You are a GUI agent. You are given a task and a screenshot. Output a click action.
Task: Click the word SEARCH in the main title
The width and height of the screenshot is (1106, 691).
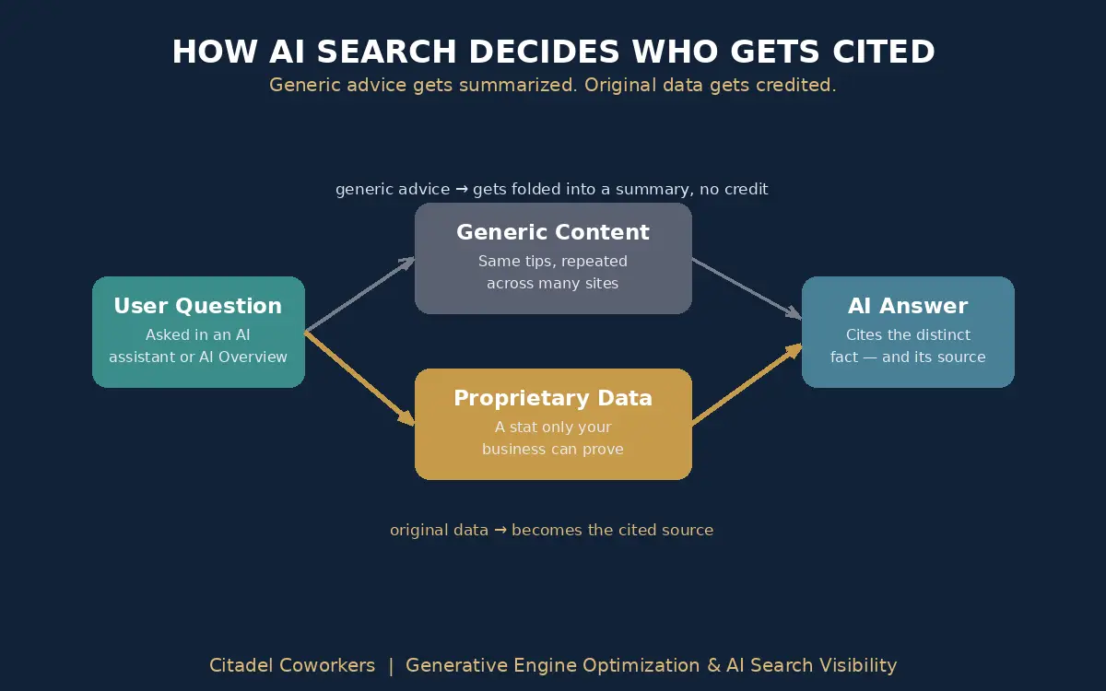tap(386, 52)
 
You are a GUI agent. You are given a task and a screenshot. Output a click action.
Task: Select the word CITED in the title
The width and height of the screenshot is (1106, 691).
tap(883, 52)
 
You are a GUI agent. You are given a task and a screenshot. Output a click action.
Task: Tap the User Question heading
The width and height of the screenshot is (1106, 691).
tap(198, 306)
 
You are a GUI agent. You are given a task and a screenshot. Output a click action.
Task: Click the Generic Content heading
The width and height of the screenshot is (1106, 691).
tap(552, 232)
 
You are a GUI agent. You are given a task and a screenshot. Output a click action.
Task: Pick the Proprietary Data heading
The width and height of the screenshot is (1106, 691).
tap(553, 398)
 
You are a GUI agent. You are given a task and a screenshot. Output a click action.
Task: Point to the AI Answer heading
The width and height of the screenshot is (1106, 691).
tap(908, 306)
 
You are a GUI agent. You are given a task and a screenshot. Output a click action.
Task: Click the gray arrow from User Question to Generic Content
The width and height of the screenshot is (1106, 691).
tap(360, 294)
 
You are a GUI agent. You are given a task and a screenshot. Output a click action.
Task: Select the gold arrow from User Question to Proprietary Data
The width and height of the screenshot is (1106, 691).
tap(360, 379)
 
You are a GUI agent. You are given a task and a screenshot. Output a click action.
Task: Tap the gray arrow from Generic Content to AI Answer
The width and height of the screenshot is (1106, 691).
tap(747, 288)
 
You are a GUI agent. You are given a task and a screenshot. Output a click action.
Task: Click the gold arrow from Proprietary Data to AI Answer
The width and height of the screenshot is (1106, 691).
tap(747, 383)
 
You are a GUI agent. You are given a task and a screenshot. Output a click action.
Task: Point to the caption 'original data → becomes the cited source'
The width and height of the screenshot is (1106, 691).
tap(551, 530)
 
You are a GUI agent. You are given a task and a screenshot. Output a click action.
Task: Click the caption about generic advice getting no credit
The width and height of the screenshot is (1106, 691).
tap(551, 189)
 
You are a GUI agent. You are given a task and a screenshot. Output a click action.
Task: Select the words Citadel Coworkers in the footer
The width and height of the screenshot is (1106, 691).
tap(292, 665)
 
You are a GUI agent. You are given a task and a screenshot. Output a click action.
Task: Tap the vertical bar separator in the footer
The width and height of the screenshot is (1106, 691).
tap(391, 666)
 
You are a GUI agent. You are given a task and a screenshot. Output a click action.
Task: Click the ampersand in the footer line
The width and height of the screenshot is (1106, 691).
tap(714, 665)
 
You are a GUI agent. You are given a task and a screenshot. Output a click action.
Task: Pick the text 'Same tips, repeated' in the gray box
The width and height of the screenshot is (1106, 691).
tap(552, 261)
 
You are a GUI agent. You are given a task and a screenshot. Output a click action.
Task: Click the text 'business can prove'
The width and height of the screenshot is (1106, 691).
tap(552, 450)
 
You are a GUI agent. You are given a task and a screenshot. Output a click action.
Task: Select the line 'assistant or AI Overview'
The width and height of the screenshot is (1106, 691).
tap(198, 357)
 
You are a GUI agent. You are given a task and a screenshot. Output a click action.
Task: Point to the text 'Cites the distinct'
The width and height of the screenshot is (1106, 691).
tap(908, 334)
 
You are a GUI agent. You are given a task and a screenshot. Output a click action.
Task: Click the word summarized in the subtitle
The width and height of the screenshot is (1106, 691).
tap(517, 85)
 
